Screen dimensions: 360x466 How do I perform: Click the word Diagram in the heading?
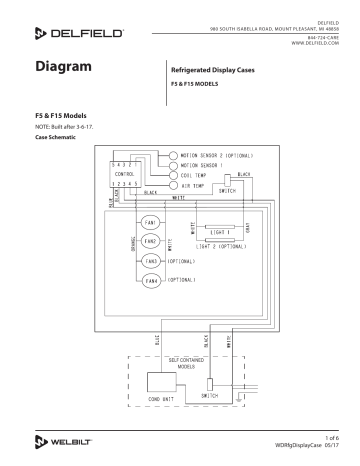pyautogui.click(x=64, y=69)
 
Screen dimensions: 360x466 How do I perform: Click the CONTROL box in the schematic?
pyautogui.click(x=126, y=173)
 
